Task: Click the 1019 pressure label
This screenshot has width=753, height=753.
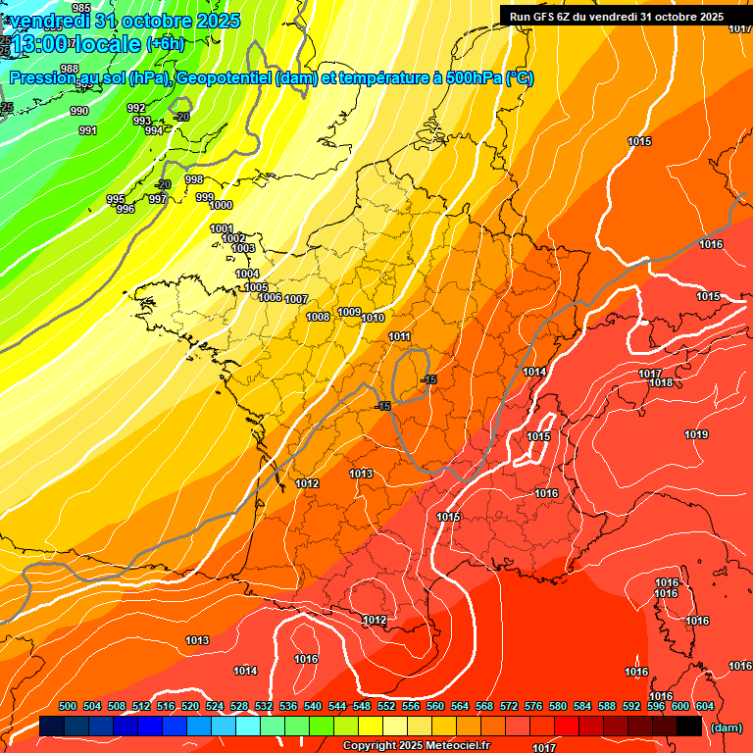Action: (696, 434)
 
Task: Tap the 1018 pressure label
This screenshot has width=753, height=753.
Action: (661, 382)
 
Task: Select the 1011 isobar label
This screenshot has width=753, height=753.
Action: (399, 336)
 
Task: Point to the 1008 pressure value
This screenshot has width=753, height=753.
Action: (318, 317)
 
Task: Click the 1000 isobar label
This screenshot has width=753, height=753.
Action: (222, 205)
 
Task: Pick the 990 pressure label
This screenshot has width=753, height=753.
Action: (79, 111)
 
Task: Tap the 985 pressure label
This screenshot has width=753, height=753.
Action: (81, 8)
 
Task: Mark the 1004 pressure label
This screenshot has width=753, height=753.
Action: (247, 274)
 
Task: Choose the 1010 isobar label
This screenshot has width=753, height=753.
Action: (373, 318)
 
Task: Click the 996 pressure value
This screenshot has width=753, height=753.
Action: (125, 209)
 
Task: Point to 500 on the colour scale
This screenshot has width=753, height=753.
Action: (68, 706)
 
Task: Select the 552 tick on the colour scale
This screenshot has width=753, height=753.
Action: (386, 706)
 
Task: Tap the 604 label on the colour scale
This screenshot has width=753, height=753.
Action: (704, 706)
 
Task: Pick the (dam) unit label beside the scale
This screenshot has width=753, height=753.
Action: (727, 728)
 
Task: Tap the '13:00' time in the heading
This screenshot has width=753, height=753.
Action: (41, 43)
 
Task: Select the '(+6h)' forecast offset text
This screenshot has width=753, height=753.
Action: (164, 44)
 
